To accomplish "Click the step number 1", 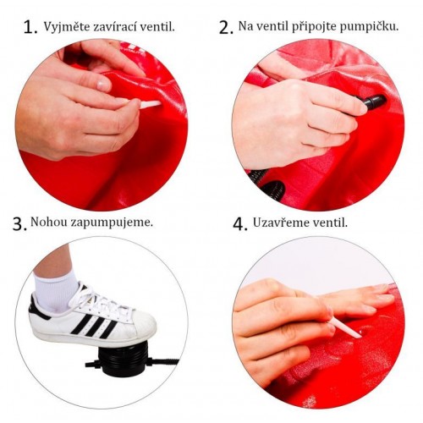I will [x=30, y=26].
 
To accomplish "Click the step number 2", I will [x=225, y=27].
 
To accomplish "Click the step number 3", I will [x=19, y=224].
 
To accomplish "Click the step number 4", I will [x=239, y=224].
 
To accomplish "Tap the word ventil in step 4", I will [x=331, y=223].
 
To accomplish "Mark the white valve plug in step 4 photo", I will [x=347, y=327].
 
